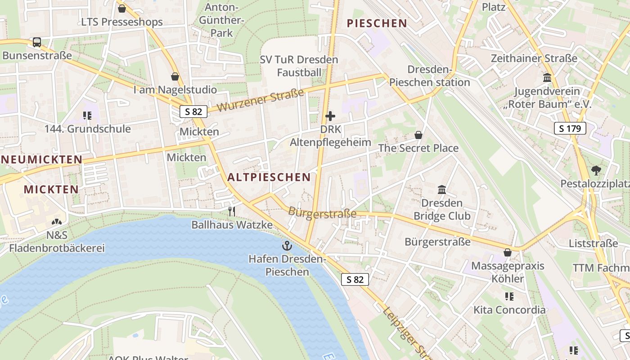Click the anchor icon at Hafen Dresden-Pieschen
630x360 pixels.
point(287,246)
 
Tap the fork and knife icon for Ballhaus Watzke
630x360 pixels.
point(232,211)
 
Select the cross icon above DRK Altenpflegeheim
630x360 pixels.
point(330,116)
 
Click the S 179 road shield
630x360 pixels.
point(570,129)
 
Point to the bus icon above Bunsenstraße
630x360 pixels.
point(37,42)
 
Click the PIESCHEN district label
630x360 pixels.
point(377,23)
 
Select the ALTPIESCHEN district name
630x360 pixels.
point(269,177)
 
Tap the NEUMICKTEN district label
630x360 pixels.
point(41,159)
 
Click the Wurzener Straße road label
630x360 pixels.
point(261,100)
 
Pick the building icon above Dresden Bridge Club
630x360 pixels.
point(442,190)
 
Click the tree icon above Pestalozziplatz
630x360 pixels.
point(596,171)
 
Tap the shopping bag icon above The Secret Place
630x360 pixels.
point(418,135)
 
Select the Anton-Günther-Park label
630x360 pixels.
point(221,20)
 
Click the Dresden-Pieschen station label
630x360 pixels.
point(429,76)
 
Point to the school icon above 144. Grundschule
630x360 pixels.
point(87,116)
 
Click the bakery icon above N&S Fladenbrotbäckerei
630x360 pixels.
point(57,222)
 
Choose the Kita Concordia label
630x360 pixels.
point(509,310)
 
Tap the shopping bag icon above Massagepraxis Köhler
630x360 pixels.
point(508,252)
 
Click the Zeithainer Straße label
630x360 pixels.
point(534,58)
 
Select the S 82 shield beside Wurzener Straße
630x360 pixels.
point(193,112)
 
